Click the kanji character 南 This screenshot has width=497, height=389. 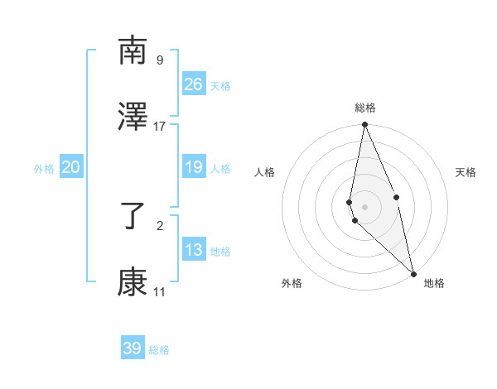pos(133,51)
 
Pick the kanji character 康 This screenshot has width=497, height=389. pos(133,283)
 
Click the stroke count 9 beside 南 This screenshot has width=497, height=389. pos(160,60)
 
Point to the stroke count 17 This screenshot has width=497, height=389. pos(160,126)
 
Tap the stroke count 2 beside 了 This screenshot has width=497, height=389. pos(160,224)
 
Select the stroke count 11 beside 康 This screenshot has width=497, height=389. pos(160,291)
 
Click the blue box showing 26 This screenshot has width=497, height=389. pos(194,84)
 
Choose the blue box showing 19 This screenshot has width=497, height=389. pos(194,167)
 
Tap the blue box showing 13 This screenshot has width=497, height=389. pos(194,250)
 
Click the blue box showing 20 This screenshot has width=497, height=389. pos(71,167)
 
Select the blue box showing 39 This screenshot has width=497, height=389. pos(133,348)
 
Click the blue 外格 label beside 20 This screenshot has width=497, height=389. pos(44,169)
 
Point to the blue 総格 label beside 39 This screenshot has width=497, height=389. pos(159,350)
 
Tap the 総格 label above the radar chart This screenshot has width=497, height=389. pos(365,108)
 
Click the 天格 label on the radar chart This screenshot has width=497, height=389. pos(466,172)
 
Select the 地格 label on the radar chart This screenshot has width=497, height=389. pos(434,284)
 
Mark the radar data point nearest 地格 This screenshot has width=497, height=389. pos(413,272)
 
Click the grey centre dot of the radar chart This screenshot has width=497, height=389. pos(364,205)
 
